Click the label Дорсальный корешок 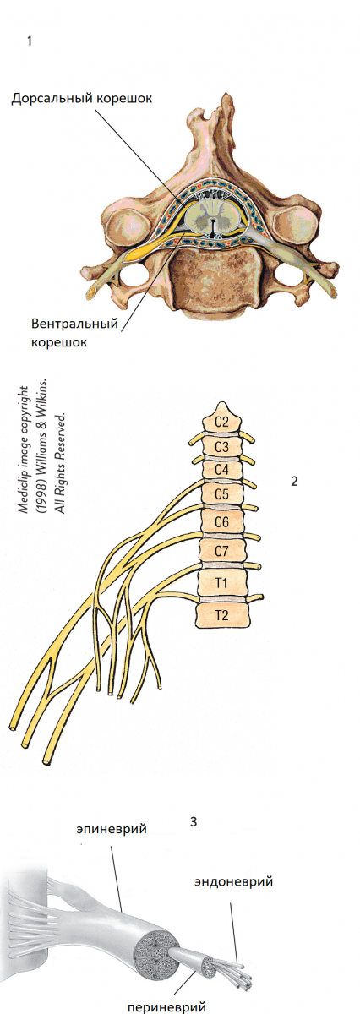coord(81,99)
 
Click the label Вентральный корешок coord(74,332)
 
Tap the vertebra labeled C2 coord(221,420)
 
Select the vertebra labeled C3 coord(221,447)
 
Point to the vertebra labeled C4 coord(221,470)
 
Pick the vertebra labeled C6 coord(221,522)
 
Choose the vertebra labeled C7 coord(221,551)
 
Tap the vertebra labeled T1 coord(221,582)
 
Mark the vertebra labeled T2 coord(221,615)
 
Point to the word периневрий coord(166,1006)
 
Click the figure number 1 coord(30,41)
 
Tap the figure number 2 coord(294,481)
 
